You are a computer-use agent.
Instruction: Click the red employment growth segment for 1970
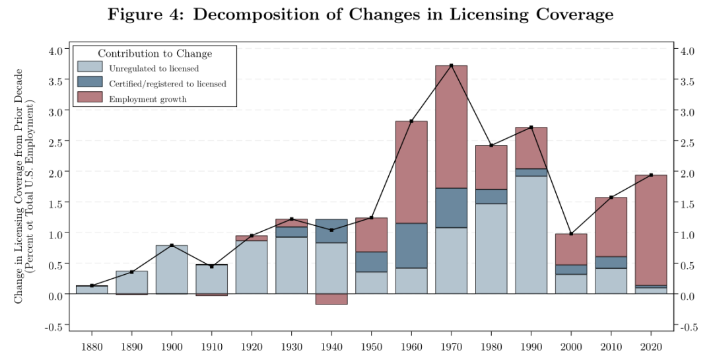pyautogui.click(x=451, y=127)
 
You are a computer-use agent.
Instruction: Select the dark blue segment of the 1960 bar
pyautogui.click(x=411, y=246)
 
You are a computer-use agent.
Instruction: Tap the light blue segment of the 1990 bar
pyautogui.click(x=531, y=235)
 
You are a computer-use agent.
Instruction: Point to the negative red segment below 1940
pyautogui.click(x=331, y=299)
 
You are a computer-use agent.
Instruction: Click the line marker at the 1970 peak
pyautogui.click(x=451, y=65)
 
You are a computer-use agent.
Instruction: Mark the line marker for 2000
pyautogui.click(x=571, y=233)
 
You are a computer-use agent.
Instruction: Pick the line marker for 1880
pyautogui.click(x=92, y=285)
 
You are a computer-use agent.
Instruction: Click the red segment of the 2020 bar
pyautogui.click(x=651, y=231)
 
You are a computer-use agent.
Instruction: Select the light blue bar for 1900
pyautogui.click(x=172, y=270)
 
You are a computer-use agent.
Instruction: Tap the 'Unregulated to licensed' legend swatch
pyautogui.click(x=90, y=67)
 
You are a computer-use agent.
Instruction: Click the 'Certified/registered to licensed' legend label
pyautogui.click(x=167, y=84)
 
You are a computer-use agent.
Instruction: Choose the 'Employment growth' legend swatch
pyautogui.click(x=90, y=97)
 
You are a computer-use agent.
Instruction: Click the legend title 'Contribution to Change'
pyautogui.click(x=155, y=54)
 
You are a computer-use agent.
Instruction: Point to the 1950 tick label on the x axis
pyautogui.click(x=372, y=347)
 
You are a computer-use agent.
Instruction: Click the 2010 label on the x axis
pyautogui.click(x=611, y=347)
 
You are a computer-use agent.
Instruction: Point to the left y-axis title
pyautogui.click(x=24, y=186)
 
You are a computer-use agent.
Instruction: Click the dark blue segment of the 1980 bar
pyautogui.click(x=491, y=197)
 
